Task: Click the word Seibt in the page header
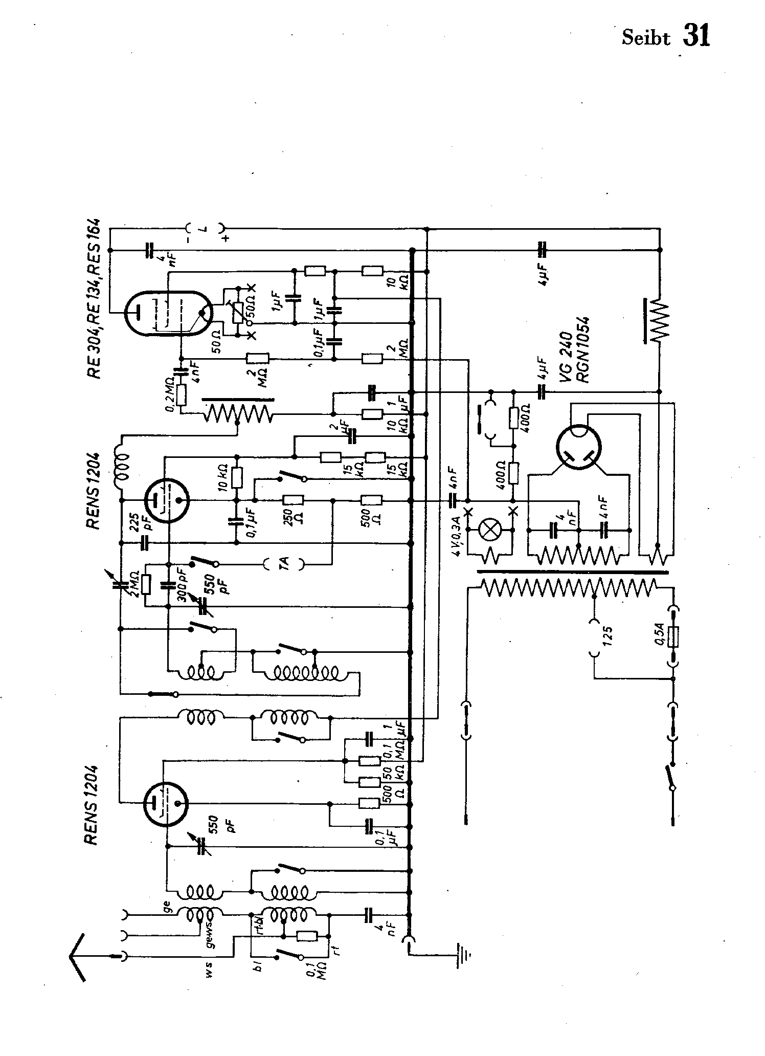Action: tap(645, 38)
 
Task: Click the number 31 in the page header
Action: tap(696, 36)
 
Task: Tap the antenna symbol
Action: tap(77, 956)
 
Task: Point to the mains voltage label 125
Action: tap(607, 636)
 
